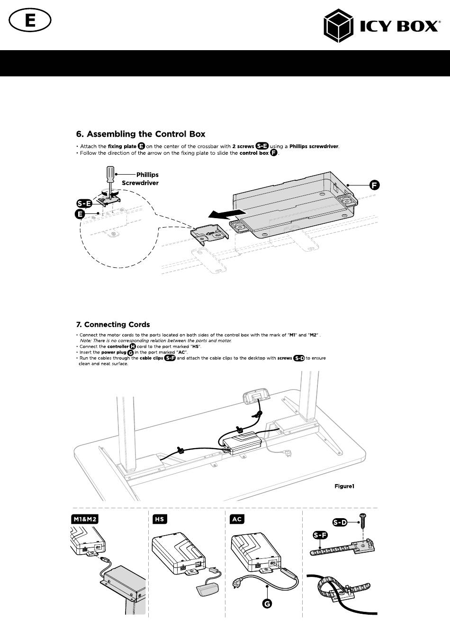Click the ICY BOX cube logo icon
tap(339, 27)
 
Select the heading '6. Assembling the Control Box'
tap(141, 134)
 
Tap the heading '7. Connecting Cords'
tap(113, 325)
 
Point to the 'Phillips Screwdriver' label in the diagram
tap(141, 178)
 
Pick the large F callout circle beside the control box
tap(375, 185)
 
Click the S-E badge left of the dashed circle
tap(84, 204)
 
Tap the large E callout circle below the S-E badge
tap(81, 214)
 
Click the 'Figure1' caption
tap(344, 486)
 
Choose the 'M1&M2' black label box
tap(84, 519)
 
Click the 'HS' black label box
tap(159, 519)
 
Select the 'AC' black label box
tap(237, 519)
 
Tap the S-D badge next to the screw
tap(339, 522)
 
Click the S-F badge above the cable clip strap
tap(321, 536)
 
